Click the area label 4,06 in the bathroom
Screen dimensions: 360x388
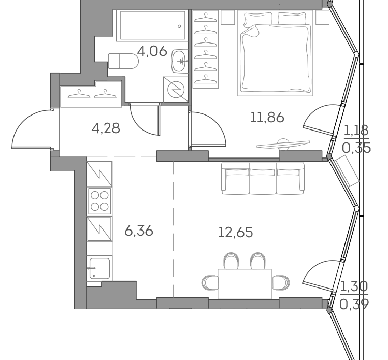click(x=152, y=51)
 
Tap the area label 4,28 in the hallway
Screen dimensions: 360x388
click(x=106, y=128)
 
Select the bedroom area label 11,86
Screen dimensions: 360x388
click(x=267, y=118)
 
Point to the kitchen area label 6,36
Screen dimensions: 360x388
click(x=139, y=231)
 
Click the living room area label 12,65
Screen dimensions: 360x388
click(x=235, y=233)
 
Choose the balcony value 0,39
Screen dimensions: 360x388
click(x=354, y=304)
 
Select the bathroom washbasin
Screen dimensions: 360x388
click(x=180, y=61)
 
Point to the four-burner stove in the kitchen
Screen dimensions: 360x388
click(x=99, y=200)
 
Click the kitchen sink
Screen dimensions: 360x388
click(x=99, y=269)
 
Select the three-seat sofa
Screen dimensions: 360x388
click(x=262, y=179)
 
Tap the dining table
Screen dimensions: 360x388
click(x=245, y=283)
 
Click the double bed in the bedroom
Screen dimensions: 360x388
click(x=276, y=54)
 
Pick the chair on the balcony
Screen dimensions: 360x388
click(x=348, y=171)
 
